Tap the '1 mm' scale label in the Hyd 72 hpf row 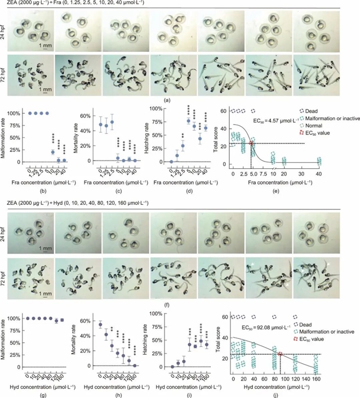tap(48, 293)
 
